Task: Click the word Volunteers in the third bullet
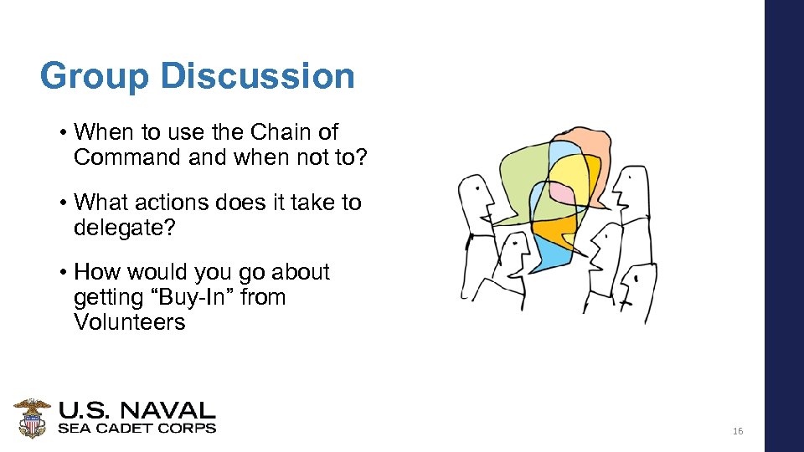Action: click(x=129, y=322)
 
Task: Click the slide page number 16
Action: click(x=737, y=431)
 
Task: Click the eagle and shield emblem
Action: click(x=33, y=417)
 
